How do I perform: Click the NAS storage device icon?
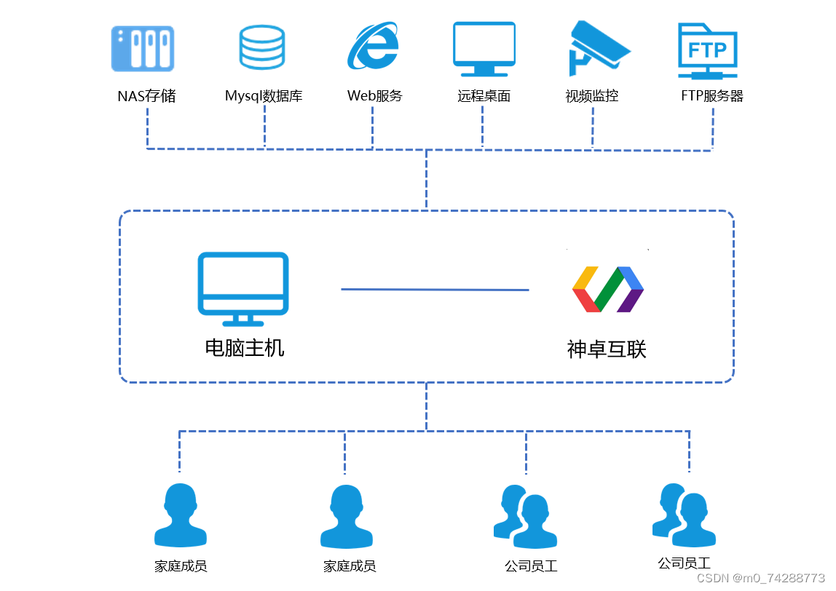pos(143,49)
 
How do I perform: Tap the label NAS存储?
pos(146,96)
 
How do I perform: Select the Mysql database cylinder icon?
pos(262,47)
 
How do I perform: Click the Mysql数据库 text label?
pos(264,96)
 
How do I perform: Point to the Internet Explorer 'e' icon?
pos(373,47)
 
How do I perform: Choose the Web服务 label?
pos(374,96)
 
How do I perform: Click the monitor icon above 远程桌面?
pos(484,49)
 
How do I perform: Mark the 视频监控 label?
pos(592,96)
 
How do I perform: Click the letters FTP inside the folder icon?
pos(707,49)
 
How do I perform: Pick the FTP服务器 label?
pos(711,96)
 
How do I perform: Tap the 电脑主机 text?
pos(245,348)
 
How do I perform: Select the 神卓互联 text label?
pos(607,349)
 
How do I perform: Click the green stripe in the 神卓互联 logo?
pos(607,290)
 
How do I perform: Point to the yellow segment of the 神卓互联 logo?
pos(585,277)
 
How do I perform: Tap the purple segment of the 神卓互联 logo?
pos(631,301)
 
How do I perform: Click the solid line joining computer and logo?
pos(435,290)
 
